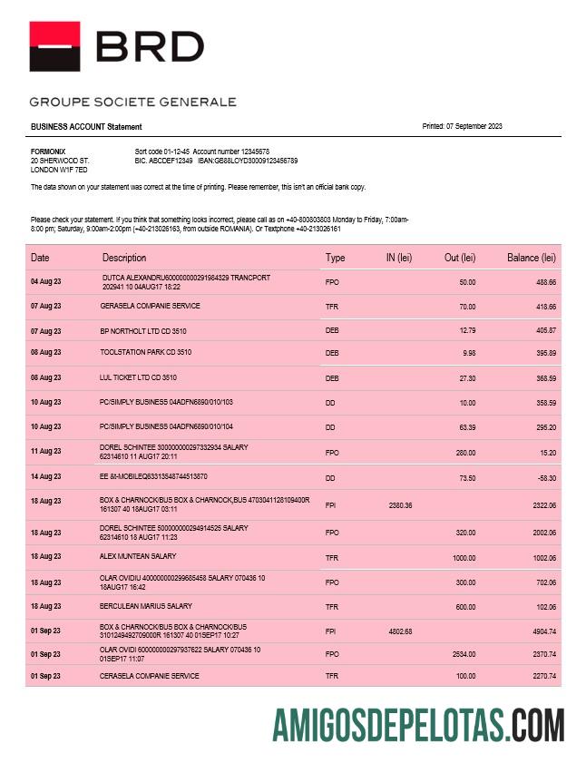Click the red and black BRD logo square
[x=54, y=46]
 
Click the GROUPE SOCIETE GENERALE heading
[x=132, y=102]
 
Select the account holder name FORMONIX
[x=47, y=152]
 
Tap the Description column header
[x=124, y=258]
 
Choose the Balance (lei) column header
[x=531, y=258]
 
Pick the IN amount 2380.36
[x=400, y=504]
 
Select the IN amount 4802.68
[x=400, y=631]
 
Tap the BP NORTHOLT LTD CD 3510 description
[x=143, y=331]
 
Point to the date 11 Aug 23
[x=45, y=451]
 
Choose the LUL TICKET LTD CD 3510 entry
[x=138, y=377]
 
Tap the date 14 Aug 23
[x=45, y=476]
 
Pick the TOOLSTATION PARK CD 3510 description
[x=145, y=352]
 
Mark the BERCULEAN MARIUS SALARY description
[x=145, y=606]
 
